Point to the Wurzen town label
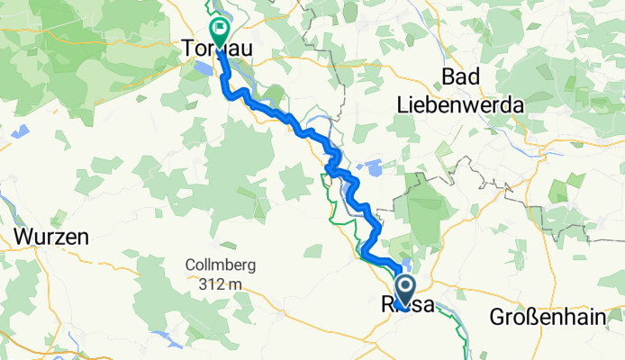pos(50,238)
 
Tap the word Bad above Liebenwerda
pos(461,77)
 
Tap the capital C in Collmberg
pos(189,265)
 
